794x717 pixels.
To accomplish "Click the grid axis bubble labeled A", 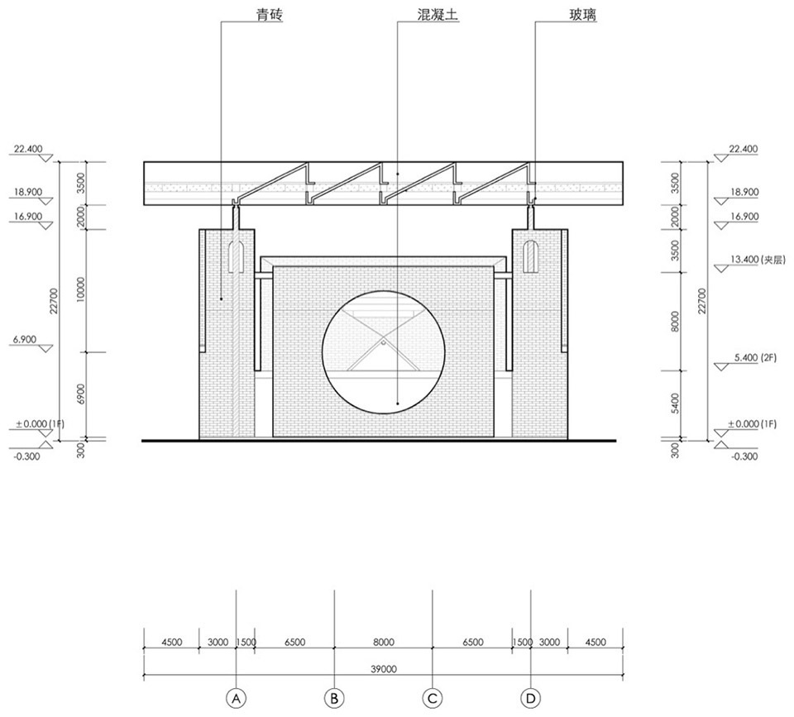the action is pos(236,699).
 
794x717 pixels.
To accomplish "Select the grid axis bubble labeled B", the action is pos(334,699).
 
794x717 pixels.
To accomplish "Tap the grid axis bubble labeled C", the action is pos(433,699).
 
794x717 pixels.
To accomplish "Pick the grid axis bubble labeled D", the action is pos(531,699).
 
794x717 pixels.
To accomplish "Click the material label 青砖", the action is pos(269,14).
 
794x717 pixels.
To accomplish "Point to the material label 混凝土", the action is pos(438,14).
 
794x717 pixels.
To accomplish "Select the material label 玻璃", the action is pos(582,14).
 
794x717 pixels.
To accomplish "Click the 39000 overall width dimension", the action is pos(383,669).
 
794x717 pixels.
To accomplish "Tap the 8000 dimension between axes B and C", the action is pos(383,642).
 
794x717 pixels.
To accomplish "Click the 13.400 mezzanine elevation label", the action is pos(757,260).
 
